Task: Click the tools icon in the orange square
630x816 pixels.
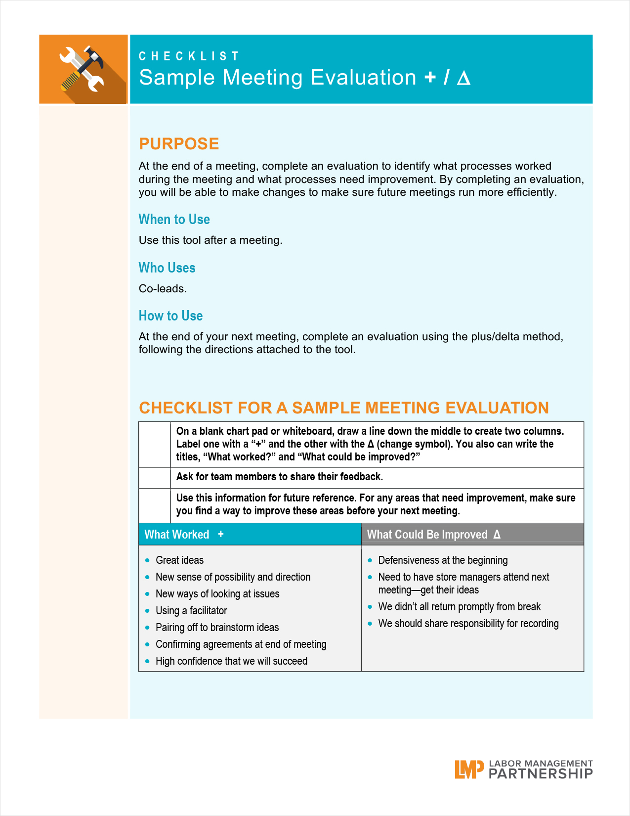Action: (83, 69)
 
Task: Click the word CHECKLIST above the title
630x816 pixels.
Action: (189, 56)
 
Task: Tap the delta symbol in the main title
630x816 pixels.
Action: (463, 78)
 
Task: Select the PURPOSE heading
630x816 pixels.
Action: (179, 144)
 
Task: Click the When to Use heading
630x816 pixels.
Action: (174, 220)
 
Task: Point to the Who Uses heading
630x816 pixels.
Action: (167, 268)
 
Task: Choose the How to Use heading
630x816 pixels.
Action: (170, 316)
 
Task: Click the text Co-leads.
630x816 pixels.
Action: (163, 289)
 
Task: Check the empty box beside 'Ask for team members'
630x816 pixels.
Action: (155, 478)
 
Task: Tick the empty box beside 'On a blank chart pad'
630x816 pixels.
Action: (155, 445)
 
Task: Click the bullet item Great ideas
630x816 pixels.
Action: (179, 560)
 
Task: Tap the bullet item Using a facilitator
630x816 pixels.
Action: (191, 611)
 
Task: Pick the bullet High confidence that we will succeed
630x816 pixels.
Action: (231, 661)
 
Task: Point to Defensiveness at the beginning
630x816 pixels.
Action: (443, 560)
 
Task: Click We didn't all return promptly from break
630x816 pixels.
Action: (459, 607)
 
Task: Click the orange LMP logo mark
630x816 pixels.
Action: (468, 770)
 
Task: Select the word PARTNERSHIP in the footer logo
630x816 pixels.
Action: (541, 774)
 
